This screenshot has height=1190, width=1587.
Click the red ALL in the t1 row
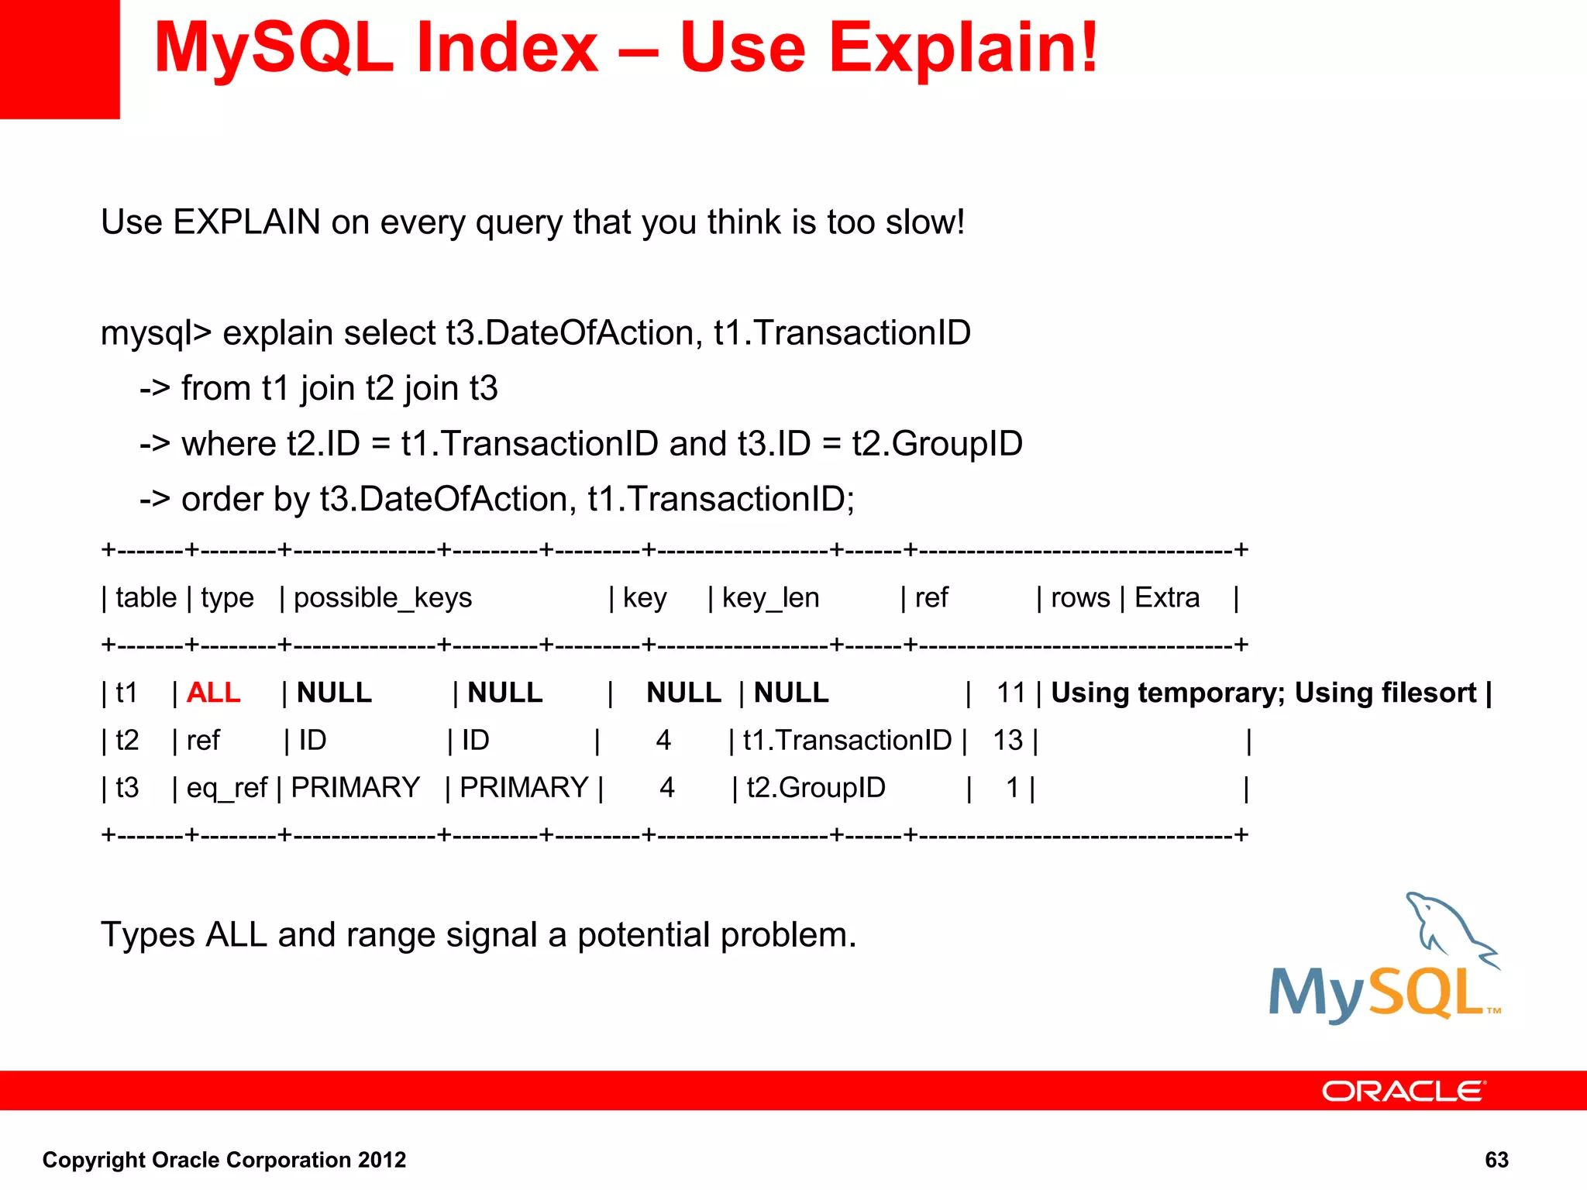pyautogui.click(x=213, y=693)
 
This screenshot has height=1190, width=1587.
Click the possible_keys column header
pyautogui.click(x=382, y=598)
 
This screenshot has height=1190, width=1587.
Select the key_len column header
pyautogui.click(x=770, y=598)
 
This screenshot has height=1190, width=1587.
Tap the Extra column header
pyautogui.click(x=1166, y=598)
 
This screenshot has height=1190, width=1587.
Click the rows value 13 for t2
pyautogui.click(x=1007, y=741)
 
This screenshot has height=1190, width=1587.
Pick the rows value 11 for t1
pyautogui.click(x=1010, y=693)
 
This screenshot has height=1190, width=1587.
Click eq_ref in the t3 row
pyautogui.click(x=226, y=788)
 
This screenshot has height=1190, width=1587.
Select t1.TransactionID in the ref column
pyautogui.click(x=846, y=741)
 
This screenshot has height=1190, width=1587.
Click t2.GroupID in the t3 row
pyautogui.click(x=815, y=788)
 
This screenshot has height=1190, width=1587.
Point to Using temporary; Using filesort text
pyautogui.click(x=1263, y=693)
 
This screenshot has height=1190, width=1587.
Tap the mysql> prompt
pyautogui.click(x=156, y=334)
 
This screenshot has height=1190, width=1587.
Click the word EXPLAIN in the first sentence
pyautogui.click(x=246, y=222)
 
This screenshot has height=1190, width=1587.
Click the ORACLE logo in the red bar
pyautogui.click(x=1403, y=1091)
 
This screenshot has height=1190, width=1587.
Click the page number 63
pyautogui.click(x=1496, y=1160)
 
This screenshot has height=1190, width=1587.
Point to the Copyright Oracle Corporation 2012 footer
pyautogui.click(x=224, y=1160)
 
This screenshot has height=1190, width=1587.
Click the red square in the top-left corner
pyautogui.click(x=60, y=59)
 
